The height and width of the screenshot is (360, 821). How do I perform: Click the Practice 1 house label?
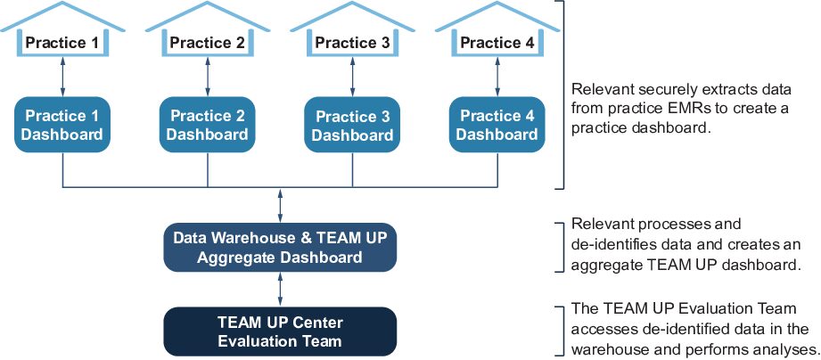point(62,42)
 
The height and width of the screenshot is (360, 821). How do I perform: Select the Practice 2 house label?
point(208,42)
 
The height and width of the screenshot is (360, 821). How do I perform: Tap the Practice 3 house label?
point(352,42)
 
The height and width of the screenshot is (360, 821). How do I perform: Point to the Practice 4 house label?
point(497,42)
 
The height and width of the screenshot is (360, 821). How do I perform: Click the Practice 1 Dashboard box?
point(62,125)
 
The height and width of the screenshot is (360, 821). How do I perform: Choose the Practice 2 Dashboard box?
point(208,125)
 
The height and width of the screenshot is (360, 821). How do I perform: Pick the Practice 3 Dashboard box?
point(352,125)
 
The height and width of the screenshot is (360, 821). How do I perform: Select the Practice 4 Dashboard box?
point(497,125)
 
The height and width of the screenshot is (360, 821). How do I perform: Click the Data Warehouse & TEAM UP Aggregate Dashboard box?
point(280,248)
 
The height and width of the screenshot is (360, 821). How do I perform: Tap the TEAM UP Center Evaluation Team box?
point(280,331)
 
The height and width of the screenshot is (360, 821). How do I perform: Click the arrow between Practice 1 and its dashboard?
point(62,77)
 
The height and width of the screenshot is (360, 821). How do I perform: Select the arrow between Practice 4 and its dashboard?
point(497,77)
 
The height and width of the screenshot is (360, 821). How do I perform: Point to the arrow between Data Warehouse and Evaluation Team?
point(281,290)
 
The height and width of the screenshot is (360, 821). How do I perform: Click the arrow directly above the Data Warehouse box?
point(281,206)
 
